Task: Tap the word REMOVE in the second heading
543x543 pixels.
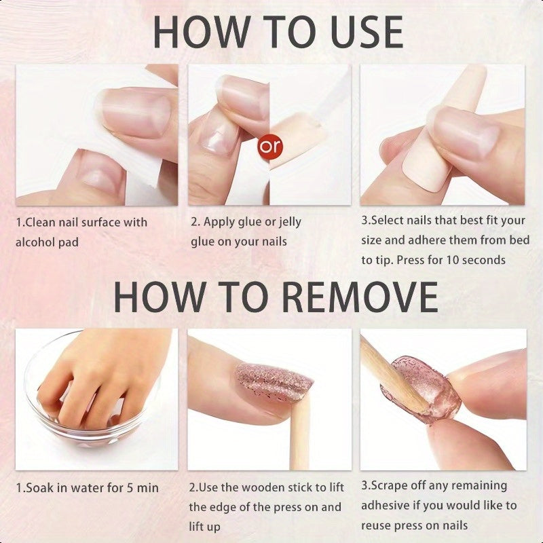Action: point(360,297)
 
